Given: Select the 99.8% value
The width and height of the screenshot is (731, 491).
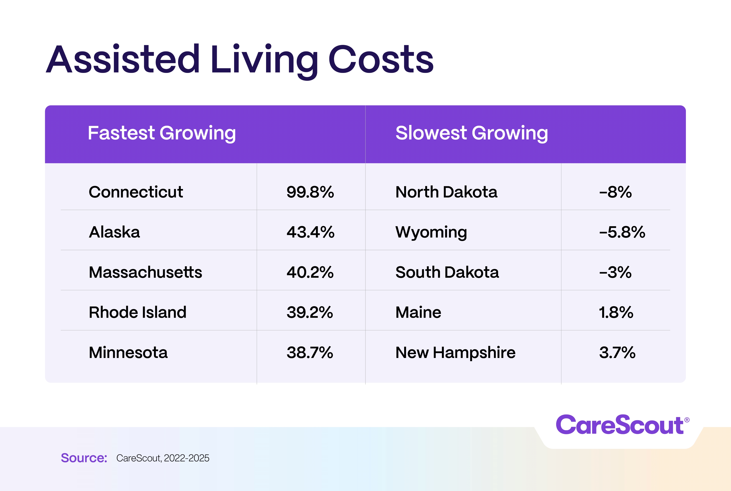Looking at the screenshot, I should [x=310, y=192].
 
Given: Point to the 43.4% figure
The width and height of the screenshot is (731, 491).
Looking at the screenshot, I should [x=310, y=232].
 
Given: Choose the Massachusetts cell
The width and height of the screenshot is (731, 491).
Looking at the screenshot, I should [x=145, y=272].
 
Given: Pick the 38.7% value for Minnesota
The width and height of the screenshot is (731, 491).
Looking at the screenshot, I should [x=310, y=353].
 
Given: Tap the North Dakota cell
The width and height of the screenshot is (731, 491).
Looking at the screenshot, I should [x=446, y=192].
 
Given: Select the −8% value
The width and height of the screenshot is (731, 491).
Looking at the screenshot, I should [x=615, y=192].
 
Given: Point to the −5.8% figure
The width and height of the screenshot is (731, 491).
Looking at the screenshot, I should [x=622, y=232].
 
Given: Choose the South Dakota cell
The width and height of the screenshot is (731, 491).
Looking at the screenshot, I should [x=447, y=272].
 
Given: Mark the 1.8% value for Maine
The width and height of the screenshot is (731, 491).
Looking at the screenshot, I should [x=616, y=312].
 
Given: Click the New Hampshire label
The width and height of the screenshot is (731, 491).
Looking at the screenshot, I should [x=455, y=353].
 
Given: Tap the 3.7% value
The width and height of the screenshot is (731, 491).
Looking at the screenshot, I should [x=617, y=353].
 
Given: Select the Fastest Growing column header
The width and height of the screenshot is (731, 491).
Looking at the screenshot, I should [x=161, y=133].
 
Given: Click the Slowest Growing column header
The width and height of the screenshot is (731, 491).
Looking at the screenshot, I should [x=471, y=133].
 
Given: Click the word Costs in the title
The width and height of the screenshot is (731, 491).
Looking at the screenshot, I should [x=381, y=60].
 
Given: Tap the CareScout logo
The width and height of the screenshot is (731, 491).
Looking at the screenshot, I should [x=622, y=425].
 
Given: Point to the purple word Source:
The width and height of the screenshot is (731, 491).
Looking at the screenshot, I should [x=84, y=458].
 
